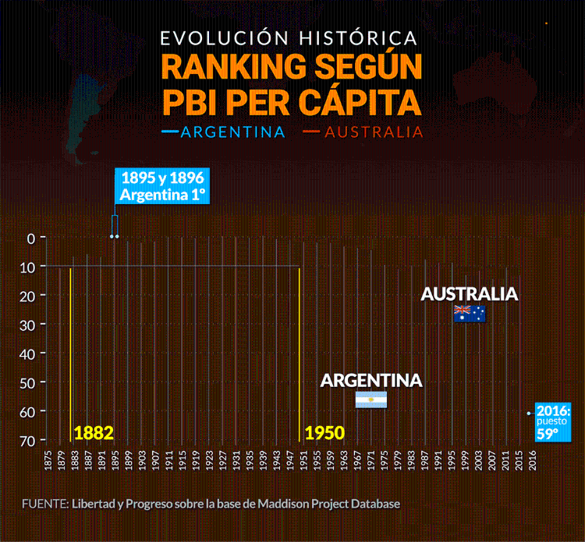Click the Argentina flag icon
371,400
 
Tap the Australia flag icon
470,314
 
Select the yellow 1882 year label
94,432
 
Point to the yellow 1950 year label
325,432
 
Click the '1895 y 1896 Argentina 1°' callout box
162,186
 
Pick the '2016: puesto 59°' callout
553,421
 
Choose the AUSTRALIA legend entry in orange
374,132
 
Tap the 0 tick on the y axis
31,238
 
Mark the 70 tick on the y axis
29,440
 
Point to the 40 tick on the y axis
29,354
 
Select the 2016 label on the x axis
533,459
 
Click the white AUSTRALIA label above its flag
470,294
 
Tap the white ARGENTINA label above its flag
371,381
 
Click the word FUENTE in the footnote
44,504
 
